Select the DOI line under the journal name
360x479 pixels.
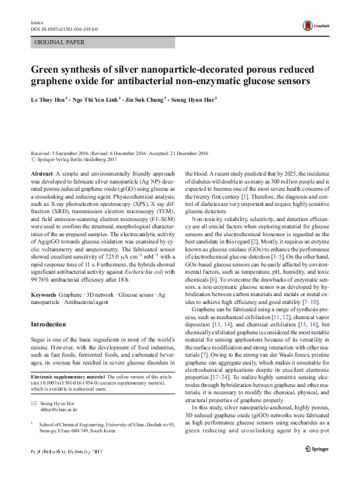64,28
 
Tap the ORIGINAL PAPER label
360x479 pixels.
60,43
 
